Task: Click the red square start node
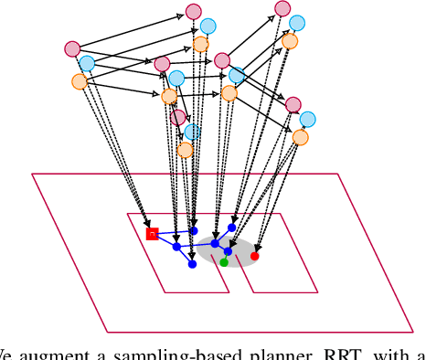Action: pyautogui.click(x=153, y=234)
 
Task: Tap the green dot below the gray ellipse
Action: pyautogui.click(x=224, y=262)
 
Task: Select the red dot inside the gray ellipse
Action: pyautogui.click(x=255, y=256)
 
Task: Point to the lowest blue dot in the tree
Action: pyautogui.click(x=192, y=264)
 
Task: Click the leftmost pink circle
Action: pyautogui.click(x=73, y=48)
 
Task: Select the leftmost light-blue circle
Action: pyautogui.click(x=87, y=63)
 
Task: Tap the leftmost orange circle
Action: pyautogui.click(x=80, y=81)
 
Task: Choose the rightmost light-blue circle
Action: pyautogui.click(x=308, y=119)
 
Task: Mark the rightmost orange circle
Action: pyautogui.click(x=301, y=138)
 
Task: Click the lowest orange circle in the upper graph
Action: pyautogui.click(x=186, y=150)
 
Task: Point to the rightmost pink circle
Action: pyautogui.click(x=293, y=104)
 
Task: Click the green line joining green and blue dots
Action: pyautogui.click(x=219, y=253)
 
